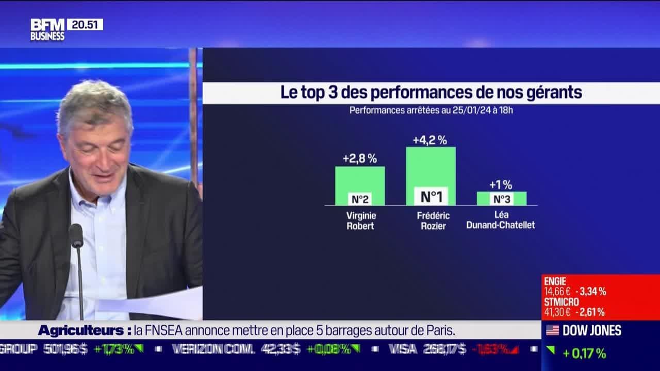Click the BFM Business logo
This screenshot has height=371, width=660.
(x=47, y=29)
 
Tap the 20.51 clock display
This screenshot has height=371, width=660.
(x=85, y=24)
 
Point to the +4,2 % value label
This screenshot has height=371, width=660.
(x=430, y=140)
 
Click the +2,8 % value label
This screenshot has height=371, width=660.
(x=359, y=159)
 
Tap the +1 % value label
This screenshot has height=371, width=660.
(x=501, y=184)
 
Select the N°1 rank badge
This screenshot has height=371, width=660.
(x=431, y=196)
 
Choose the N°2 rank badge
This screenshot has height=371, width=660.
(x=360, y=199)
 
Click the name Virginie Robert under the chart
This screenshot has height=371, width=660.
(x=360, y=221)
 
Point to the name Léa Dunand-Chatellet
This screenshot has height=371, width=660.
(x=500, y=221)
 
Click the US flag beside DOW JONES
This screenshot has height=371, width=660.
(x=552, y=330)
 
